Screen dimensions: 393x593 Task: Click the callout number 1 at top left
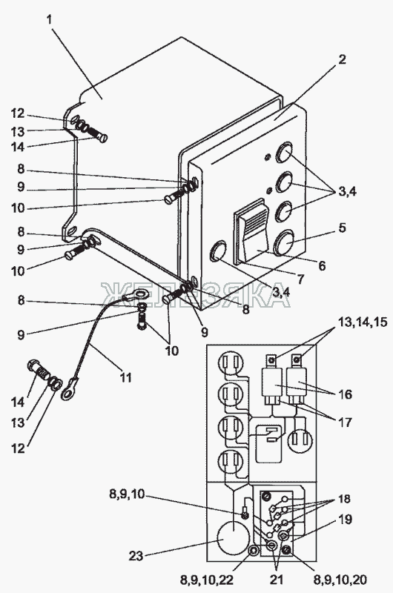point(50,20)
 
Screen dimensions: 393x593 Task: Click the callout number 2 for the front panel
point(341,59)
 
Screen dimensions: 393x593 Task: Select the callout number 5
point(342,228)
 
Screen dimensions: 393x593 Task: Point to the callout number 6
point(322,265)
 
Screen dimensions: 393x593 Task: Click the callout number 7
point(300,279)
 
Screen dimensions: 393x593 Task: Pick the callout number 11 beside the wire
point(125,377)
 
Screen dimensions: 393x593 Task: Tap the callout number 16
point(344,394)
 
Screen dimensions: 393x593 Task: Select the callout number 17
point(344,422)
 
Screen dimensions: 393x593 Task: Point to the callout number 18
point(344,498)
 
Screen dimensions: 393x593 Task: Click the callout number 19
point(344,520)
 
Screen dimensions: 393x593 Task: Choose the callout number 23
point(136,556)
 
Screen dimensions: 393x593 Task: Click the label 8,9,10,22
point(208,580)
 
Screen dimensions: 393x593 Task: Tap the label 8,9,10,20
point(340,580)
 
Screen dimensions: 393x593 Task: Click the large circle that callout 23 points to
point(234,538)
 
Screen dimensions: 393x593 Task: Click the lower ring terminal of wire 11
point(67,391)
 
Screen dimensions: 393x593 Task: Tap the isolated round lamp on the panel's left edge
point(217,251)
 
